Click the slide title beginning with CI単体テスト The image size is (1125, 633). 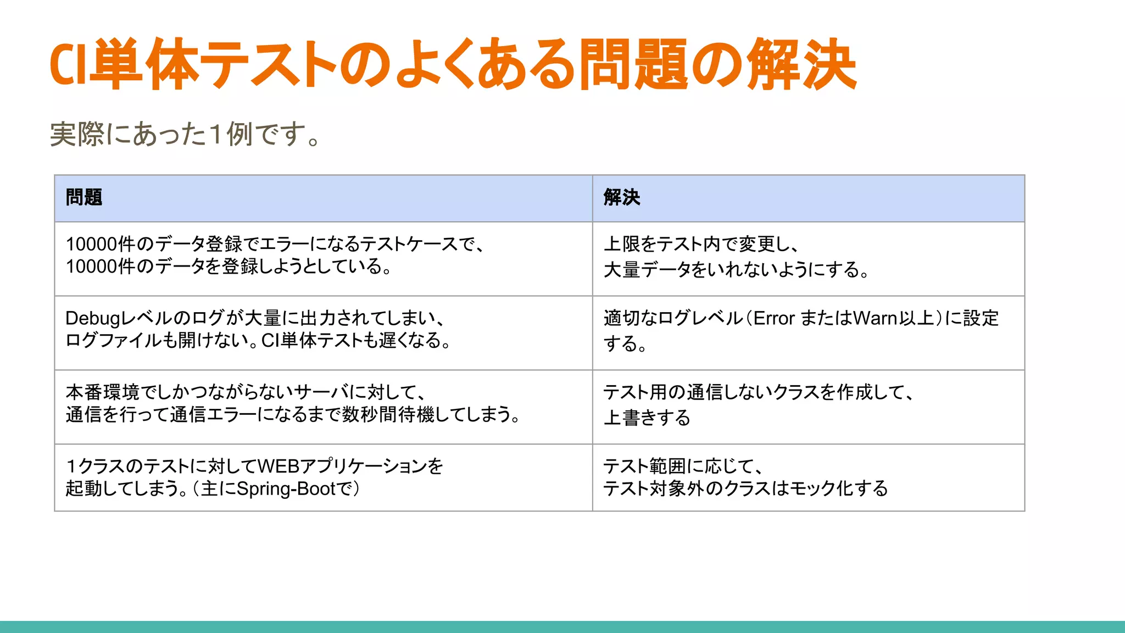453,65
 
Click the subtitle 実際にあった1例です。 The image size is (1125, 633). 185,134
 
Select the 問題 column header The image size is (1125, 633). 84,197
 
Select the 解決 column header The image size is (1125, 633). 622,197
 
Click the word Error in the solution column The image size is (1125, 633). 774,318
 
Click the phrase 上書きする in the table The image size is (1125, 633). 647,418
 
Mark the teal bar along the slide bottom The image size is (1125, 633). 562,626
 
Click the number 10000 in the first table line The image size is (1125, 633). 91,244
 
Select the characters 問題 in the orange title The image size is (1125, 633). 633,65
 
